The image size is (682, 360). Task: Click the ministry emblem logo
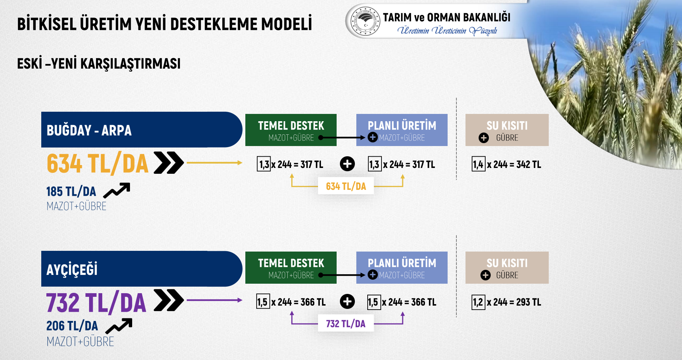click(365, 21)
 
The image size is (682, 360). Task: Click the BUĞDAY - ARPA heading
click(89, 130)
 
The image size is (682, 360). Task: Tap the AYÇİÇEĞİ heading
click(72, 269)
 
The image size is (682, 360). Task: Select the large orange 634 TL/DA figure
click(97, 163)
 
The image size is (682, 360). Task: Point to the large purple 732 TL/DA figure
click(96, 302)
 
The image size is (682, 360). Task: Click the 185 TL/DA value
click(71, 191)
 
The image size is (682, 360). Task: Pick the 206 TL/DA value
click(72, 326)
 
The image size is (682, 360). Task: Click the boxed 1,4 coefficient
click(478, 164)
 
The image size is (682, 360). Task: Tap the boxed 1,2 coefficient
click(478, 302)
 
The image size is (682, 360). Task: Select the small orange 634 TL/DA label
click(346, 186)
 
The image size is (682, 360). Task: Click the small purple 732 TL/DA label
click(346, 324)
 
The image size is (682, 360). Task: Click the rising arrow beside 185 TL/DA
click(117, 190)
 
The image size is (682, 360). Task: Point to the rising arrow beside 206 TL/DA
click(119, 326)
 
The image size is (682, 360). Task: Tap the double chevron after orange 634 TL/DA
click(169, 162)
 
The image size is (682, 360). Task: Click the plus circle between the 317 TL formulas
click(347, 164)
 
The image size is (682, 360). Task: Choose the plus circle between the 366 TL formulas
click(347, 302)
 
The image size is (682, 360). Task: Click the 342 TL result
click(529, 165)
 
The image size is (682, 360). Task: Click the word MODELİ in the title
click(287, 24)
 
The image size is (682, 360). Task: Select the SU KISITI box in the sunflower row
click(507, 268)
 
